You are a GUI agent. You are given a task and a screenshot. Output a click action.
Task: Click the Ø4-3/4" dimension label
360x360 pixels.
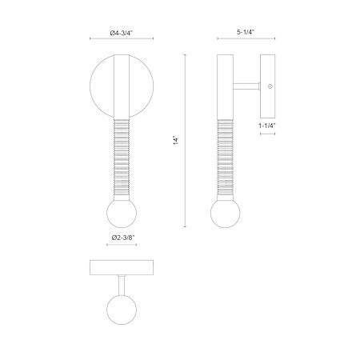pos(122,33)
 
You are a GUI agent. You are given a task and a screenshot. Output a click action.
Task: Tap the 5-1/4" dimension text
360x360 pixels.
pos(246,32)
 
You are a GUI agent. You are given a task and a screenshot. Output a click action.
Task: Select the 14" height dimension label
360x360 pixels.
pos(176,141)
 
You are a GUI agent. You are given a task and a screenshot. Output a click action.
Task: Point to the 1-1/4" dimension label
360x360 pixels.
pos(267,126)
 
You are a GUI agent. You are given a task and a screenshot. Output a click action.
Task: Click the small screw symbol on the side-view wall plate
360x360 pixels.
pos(270,86)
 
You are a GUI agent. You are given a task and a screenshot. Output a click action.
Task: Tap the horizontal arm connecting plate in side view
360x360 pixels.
pos(246,86)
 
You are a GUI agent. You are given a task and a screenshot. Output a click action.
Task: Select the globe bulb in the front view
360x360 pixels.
pos(122,213)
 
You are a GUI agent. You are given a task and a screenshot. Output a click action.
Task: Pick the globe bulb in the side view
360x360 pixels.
pos(226,213)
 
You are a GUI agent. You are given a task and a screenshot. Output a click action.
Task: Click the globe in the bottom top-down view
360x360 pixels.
pos(122,310)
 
